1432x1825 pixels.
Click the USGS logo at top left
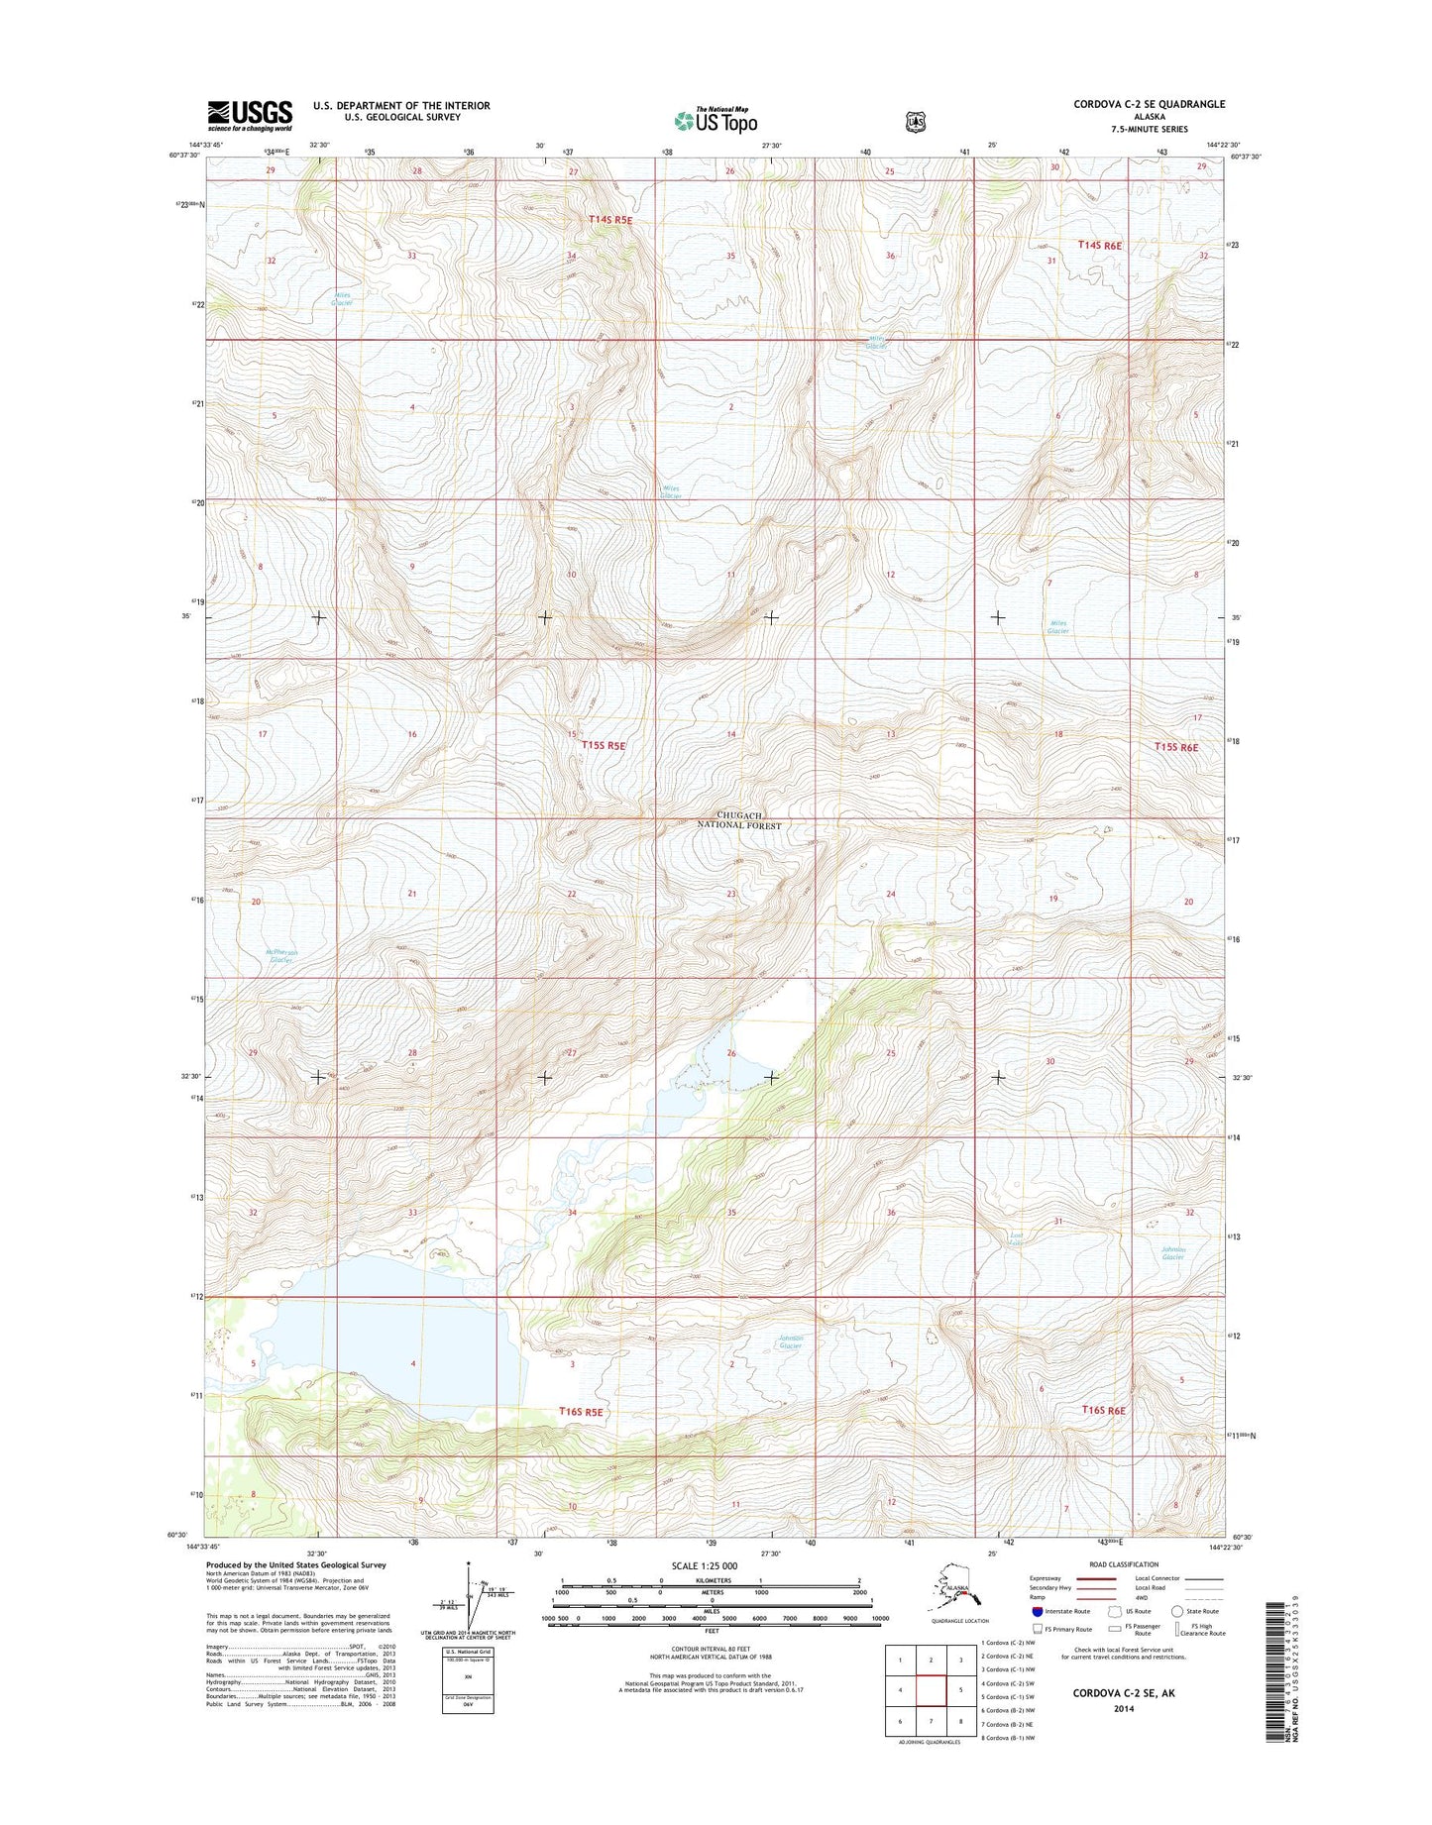[x=250, y=115]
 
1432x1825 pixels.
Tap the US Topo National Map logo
[x=716, y=120]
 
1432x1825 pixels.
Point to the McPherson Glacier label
[x=281, y=956]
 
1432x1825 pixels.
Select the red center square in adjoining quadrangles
[x=930, y=1693]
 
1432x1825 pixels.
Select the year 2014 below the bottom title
[x=1124, y=1709]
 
